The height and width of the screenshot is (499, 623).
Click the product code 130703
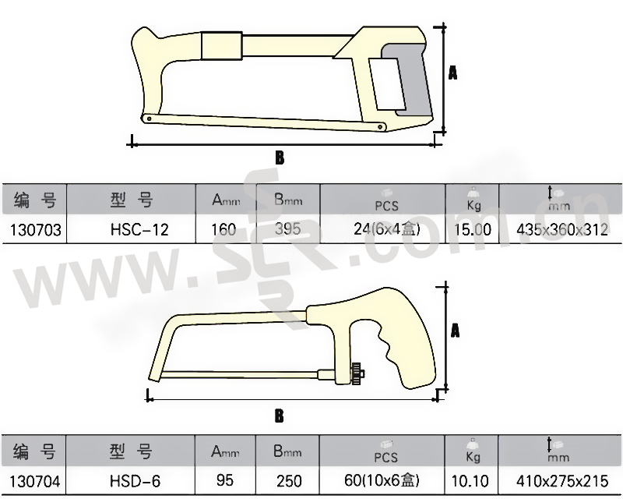(x=36, y=229)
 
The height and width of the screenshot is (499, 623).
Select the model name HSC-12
(x=139, y=229)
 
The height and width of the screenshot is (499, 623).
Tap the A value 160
(x=224, y=229)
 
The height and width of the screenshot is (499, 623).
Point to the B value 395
(x=287, y=228)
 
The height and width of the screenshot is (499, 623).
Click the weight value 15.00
(x=473, y=229)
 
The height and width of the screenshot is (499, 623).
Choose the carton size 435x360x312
(x=562, y=229)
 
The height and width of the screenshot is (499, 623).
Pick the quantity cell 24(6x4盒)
(x=386, y=229)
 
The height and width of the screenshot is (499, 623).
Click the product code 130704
(x=35, y=481)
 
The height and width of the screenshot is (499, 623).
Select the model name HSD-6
(x=135, y=481)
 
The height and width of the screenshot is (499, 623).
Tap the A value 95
(x=225, y=480)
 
